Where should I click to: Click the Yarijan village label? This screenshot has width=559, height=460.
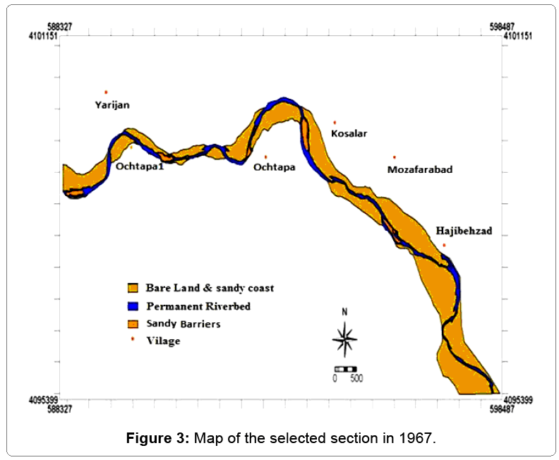(112, 105)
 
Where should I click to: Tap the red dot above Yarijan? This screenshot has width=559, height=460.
(106, 92)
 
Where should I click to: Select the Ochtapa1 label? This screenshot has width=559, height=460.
(140, 167)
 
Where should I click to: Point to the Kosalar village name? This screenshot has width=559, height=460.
(349, 133)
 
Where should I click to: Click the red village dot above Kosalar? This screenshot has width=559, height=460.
(335, 122)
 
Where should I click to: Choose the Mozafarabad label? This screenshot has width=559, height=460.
(420, 170)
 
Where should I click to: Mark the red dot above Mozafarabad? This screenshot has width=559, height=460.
(395, 157)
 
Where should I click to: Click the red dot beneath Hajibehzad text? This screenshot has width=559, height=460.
(444, 245)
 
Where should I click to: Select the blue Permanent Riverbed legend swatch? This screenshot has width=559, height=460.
(132, 306)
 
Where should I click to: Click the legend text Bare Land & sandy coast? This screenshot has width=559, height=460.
(210, 288)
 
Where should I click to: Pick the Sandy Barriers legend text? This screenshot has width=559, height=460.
(184, 324)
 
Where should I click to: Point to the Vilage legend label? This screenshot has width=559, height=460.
(163, 341)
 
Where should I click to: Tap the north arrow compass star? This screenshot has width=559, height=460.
(344, 339)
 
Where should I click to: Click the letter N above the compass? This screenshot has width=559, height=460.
(344, 312)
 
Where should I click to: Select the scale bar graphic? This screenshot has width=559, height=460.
(345, 368)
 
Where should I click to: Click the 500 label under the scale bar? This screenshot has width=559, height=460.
(356, 378)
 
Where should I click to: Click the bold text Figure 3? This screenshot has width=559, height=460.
(157, 438)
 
